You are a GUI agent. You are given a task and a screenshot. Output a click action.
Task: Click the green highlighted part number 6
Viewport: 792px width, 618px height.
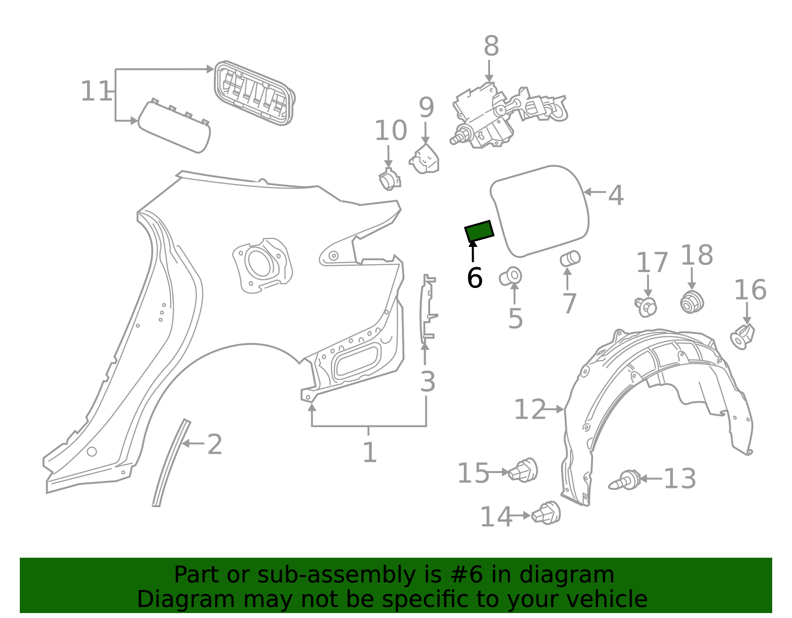(479, 231)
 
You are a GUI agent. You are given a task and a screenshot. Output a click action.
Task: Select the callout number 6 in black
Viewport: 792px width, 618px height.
(474, 278)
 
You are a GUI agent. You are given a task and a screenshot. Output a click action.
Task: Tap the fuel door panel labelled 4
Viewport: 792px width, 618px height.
(540, 210)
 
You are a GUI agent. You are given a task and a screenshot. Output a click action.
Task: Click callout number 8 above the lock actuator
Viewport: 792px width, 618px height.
(491, 47)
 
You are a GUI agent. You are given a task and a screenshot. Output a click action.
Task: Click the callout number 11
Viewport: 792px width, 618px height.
(96, 92)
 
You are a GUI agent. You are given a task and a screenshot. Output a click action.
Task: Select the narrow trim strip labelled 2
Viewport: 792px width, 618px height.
(171, 463)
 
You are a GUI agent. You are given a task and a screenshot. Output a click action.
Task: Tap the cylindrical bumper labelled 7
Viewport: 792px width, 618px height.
(570, 258)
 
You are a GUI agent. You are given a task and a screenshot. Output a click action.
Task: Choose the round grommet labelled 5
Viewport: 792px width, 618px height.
(511, 276)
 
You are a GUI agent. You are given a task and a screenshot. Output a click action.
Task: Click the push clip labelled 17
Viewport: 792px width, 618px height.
(646, 307)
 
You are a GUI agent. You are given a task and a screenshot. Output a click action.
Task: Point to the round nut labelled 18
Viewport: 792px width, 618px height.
(692, 302)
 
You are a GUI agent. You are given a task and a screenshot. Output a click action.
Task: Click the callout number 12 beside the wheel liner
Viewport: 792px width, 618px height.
(529, 410)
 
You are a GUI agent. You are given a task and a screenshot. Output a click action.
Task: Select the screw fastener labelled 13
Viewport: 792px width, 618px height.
(625, 480)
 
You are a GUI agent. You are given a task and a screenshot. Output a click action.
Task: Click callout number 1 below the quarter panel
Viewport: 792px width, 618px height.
(369, 452)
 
